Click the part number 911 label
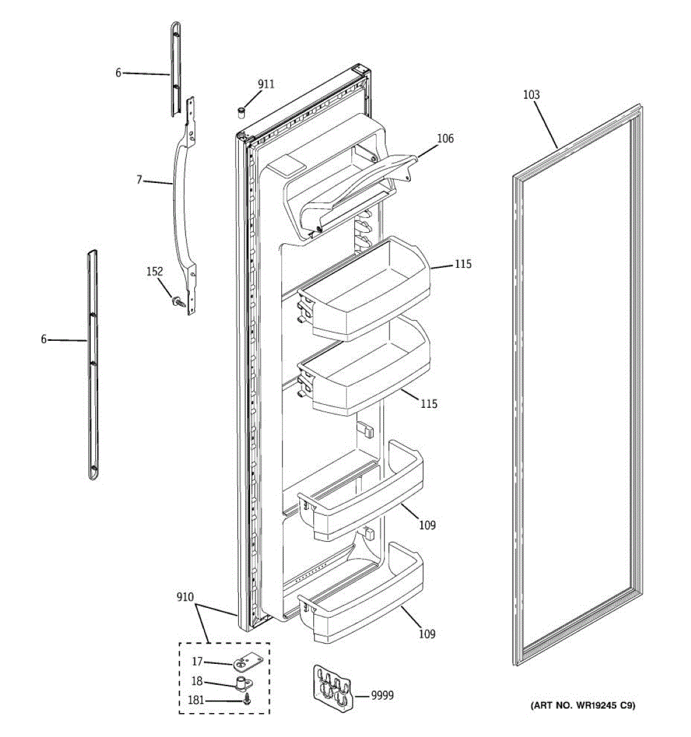click(265, 84)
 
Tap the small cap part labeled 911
click(241, 111)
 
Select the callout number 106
click(445, 139)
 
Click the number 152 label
click(154, 271)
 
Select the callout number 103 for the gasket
click(531, 95)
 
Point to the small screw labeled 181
click(247, 701)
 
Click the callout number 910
click(184, 597)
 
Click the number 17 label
click(197, 661)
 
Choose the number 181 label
click(195, 701)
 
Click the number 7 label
click(139, 180)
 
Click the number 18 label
click(197, 682)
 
